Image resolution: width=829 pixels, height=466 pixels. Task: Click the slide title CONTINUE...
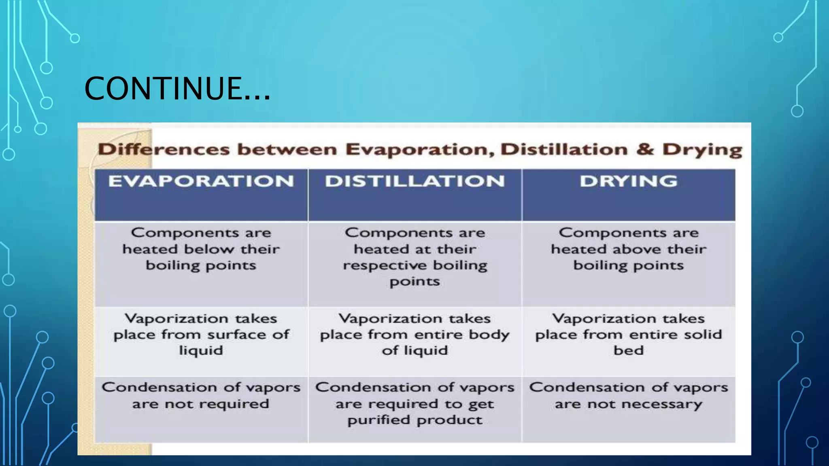coord(177,88)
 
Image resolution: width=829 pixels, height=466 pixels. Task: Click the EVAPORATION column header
coord(201,181)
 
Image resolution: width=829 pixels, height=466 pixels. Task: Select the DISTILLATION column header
coord(414,181)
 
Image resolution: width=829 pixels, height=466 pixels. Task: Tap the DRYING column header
coord(628,181)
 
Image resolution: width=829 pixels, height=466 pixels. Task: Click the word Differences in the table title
coord(164,150)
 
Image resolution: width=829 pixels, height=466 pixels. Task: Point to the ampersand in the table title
coord(645,149)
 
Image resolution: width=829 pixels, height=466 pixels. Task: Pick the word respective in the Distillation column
coord(378,266)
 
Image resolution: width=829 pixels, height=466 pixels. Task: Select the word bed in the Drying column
coord(628,350)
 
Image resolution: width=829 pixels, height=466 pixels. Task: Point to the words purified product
coord(414,420)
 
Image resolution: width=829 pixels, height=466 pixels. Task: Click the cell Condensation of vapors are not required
coord(201,396)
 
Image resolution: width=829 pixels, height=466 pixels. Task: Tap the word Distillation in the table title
coord(564,150)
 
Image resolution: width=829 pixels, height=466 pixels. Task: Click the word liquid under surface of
coord(201,350)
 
